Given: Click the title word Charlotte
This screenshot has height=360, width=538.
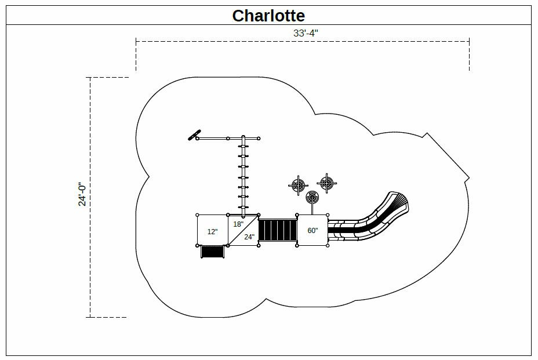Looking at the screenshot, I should pos(268,16).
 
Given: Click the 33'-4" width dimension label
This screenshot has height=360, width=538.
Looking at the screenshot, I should pos(306,34).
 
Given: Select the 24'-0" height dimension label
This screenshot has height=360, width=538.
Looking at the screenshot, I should pos(83,194).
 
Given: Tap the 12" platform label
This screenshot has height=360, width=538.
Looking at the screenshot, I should pos(213,232).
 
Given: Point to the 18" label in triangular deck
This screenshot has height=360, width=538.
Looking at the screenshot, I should pos(238,224).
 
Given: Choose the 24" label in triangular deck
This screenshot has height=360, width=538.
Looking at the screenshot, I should pos(249,237).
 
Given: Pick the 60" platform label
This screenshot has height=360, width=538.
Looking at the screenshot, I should pos(312,231).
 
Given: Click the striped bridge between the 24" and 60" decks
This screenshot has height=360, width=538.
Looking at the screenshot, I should pos(278,230).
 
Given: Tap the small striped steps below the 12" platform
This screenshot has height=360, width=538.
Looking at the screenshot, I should pos(212,252).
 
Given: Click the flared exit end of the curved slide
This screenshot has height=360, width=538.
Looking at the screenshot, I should pos(399,203).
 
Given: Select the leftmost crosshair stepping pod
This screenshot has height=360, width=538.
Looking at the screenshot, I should pos(298,186).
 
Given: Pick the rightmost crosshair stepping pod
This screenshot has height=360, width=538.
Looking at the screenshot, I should pos(327,184).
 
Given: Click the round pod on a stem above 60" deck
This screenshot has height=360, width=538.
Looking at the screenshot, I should pos(312,197).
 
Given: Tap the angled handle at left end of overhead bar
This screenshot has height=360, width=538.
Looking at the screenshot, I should pos(194,135).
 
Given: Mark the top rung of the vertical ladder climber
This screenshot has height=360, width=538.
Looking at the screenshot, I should pos(243,147).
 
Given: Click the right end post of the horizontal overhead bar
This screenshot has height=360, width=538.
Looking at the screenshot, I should pos(259,138).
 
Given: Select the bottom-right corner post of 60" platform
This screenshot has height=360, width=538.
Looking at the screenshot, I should pos(328,245).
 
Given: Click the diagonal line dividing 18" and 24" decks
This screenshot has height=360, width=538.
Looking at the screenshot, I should pos(243,230).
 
